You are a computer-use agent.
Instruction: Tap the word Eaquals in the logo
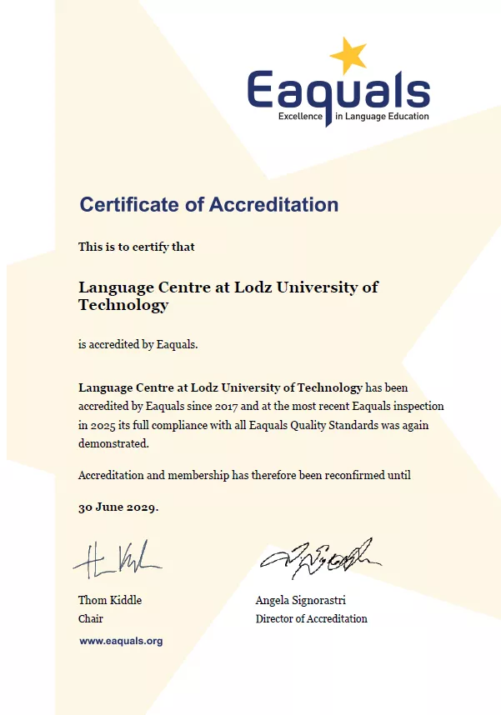[338, 91]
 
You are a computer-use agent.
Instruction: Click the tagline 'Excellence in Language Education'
[353, 117]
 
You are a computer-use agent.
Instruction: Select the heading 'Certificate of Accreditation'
[208, 204]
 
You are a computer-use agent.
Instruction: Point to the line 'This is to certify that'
[136, 247]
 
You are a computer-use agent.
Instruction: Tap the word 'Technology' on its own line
[123, 305]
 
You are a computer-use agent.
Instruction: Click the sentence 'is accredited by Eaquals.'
[138, 344]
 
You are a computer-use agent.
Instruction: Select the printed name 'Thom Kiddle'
[110, 600]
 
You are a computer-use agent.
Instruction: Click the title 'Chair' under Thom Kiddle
[91, 618]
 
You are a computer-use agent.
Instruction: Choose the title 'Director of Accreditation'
[311, 618]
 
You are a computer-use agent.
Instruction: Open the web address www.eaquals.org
[121, 641]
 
